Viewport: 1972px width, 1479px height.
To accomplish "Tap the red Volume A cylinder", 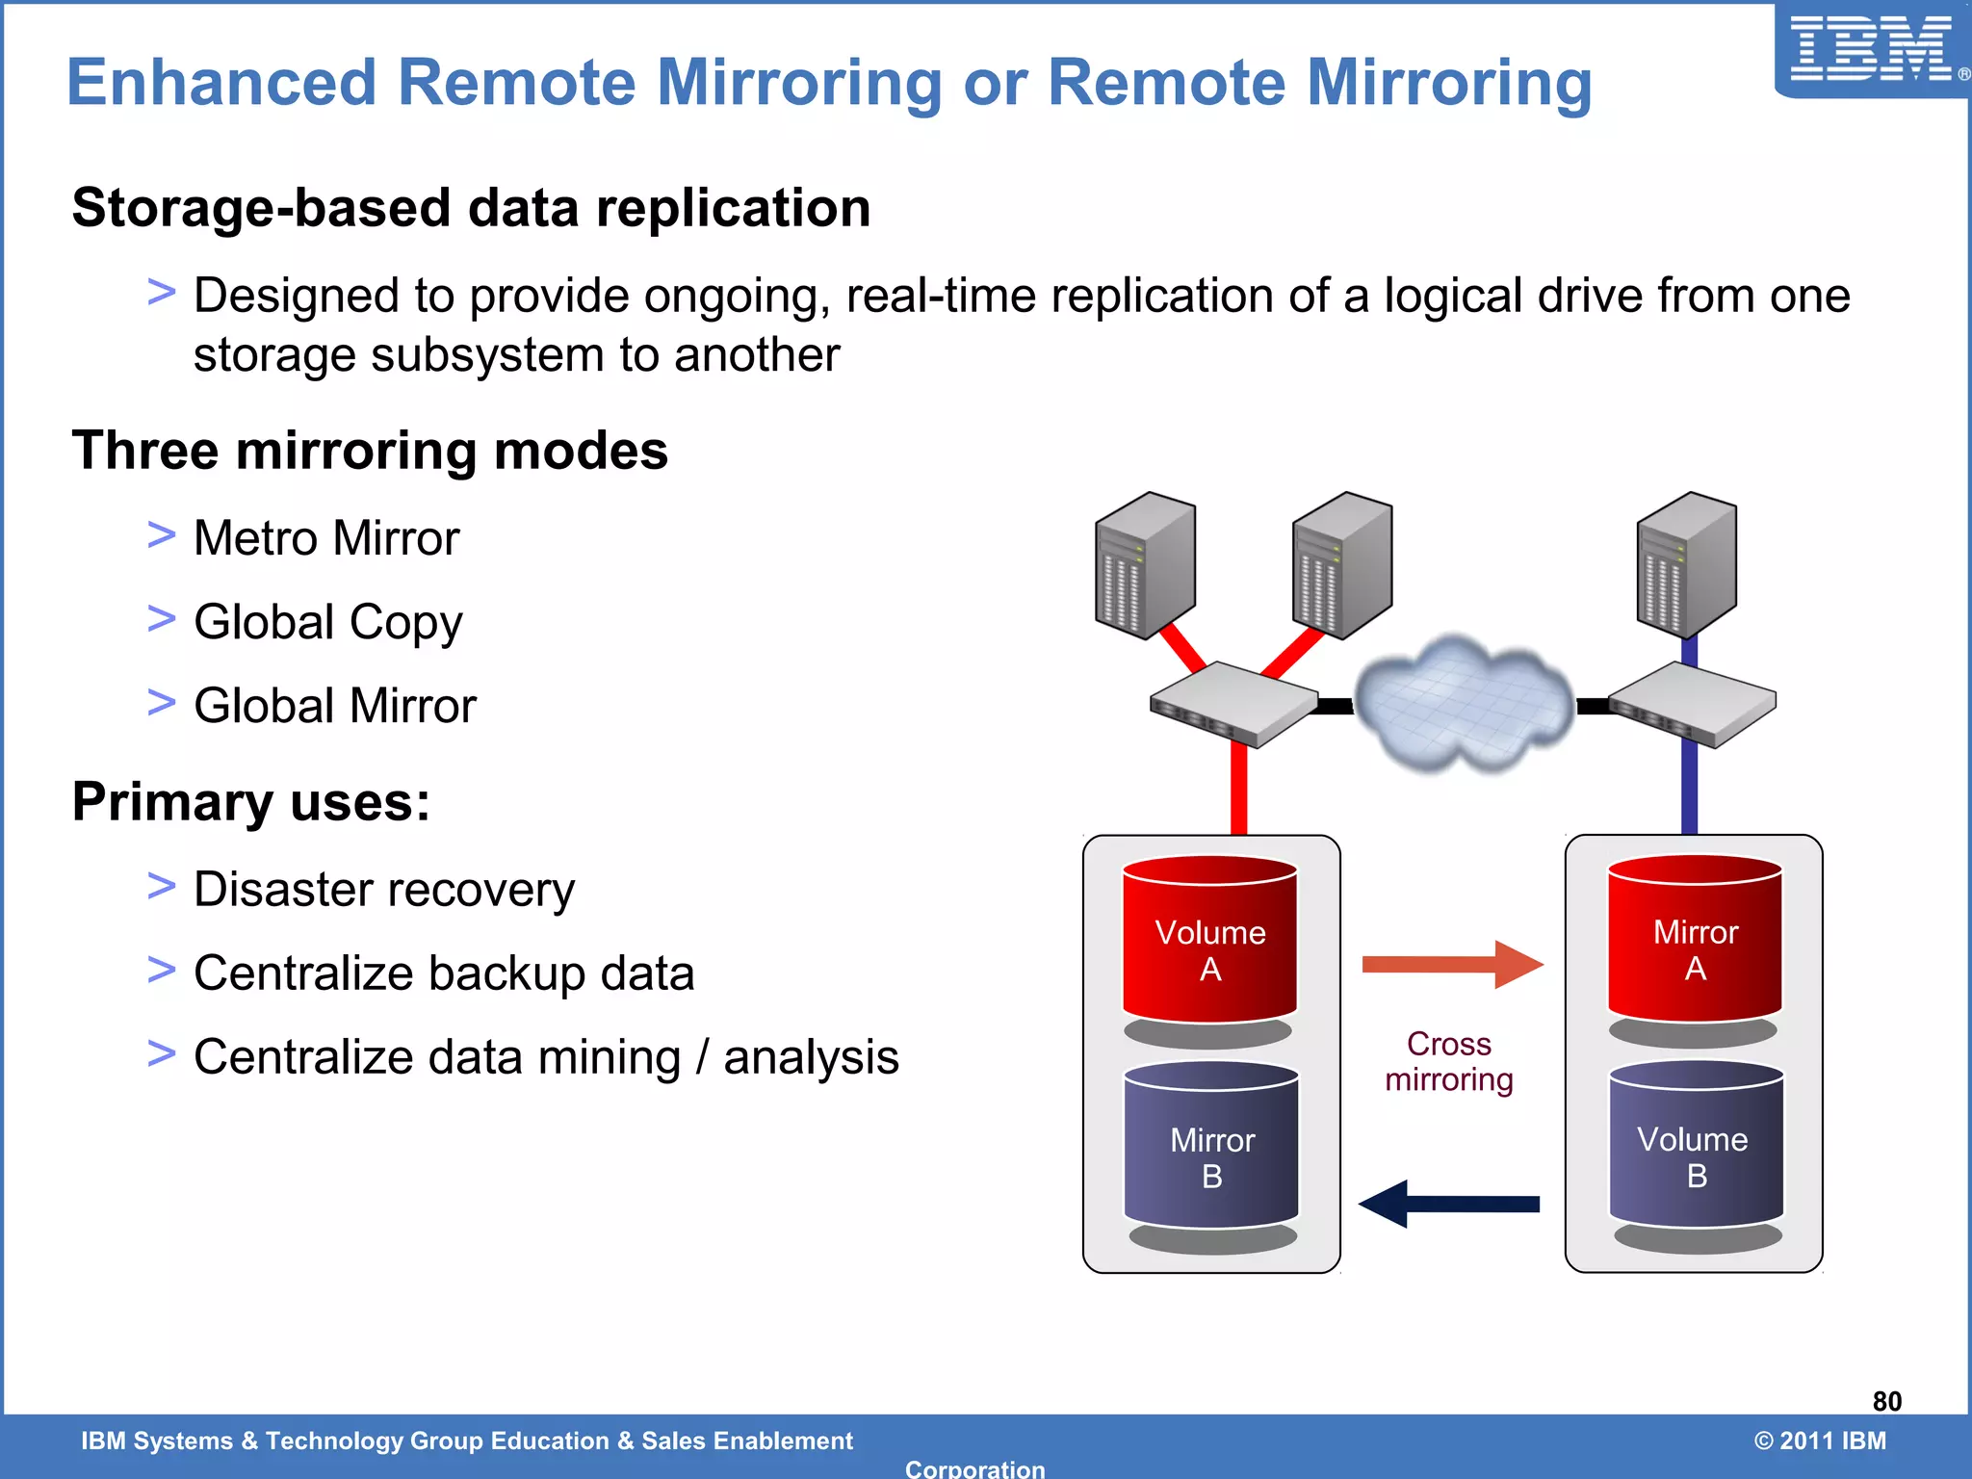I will click(x=1209, y=948).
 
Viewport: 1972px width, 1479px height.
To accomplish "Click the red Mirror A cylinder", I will click(x=1695, y=948).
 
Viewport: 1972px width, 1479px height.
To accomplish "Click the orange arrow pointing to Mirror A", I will click(x=1451, y=965).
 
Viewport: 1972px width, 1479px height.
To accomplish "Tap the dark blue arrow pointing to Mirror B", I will click(x=1449, y=1204).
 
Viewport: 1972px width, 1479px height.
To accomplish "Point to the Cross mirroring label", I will click(x=1449, y=1061).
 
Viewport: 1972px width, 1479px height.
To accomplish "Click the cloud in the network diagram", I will click(x=1464, y=703).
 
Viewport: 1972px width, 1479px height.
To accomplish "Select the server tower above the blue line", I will click(x=1687, y=563).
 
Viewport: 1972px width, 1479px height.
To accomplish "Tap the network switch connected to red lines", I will click(x=1234, y=704).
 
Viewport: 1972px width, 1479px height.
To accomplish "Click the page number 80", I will click(x=1886, y=1401).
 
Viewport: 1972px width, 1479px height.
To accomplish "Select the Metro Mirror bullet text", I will click(x=326, y=537).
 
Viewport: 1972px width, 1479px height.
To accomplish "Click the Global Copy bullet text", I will click(x=327, y=622).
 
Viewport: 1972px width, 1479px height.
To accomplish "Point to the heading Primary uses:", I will click(x=251, y=801).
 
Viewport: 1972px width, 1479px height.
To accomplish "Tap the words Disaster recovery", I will click(x=384, y=889).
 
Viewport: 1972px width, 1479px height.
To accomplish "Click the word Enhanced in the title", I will click(x=221, y=83).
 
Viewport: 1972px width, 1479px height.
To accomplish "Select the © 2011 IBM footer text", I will click(x=1820, y=1440).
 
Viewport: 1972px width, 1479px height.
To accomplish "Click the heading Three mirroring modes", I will click(x=370, y=451).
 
